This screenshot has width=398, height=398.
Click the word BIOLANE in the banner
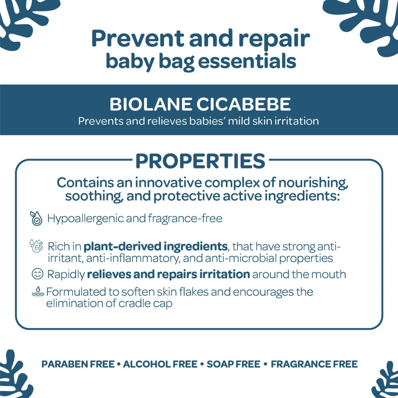coord(151,104)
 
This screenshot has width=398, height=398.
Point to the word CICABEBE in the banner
coord(244,104)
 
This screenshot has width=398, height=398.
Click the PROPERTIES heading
coord(200,161)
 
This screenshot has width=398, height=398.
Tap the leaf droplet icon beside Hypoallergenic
coord(36,218)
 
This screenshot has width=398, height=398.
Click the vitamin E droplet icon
coord(36,246)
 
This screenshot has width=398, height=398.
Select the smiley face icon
coord(38,274)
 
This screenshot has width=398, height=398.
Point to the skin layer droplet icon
coord(38,292)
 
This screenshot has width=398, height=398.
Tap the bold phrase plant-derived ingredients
coord(155,246)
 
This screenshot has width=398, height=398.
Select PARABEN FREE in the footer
coord(78,364)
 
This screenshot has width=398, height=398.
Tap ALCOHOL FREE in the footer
coord(160,364)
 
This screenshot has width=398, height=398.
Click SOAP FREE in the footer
coord(234,364)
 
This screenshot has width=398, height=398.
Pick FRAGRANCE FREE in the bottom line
coord(314,364)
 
